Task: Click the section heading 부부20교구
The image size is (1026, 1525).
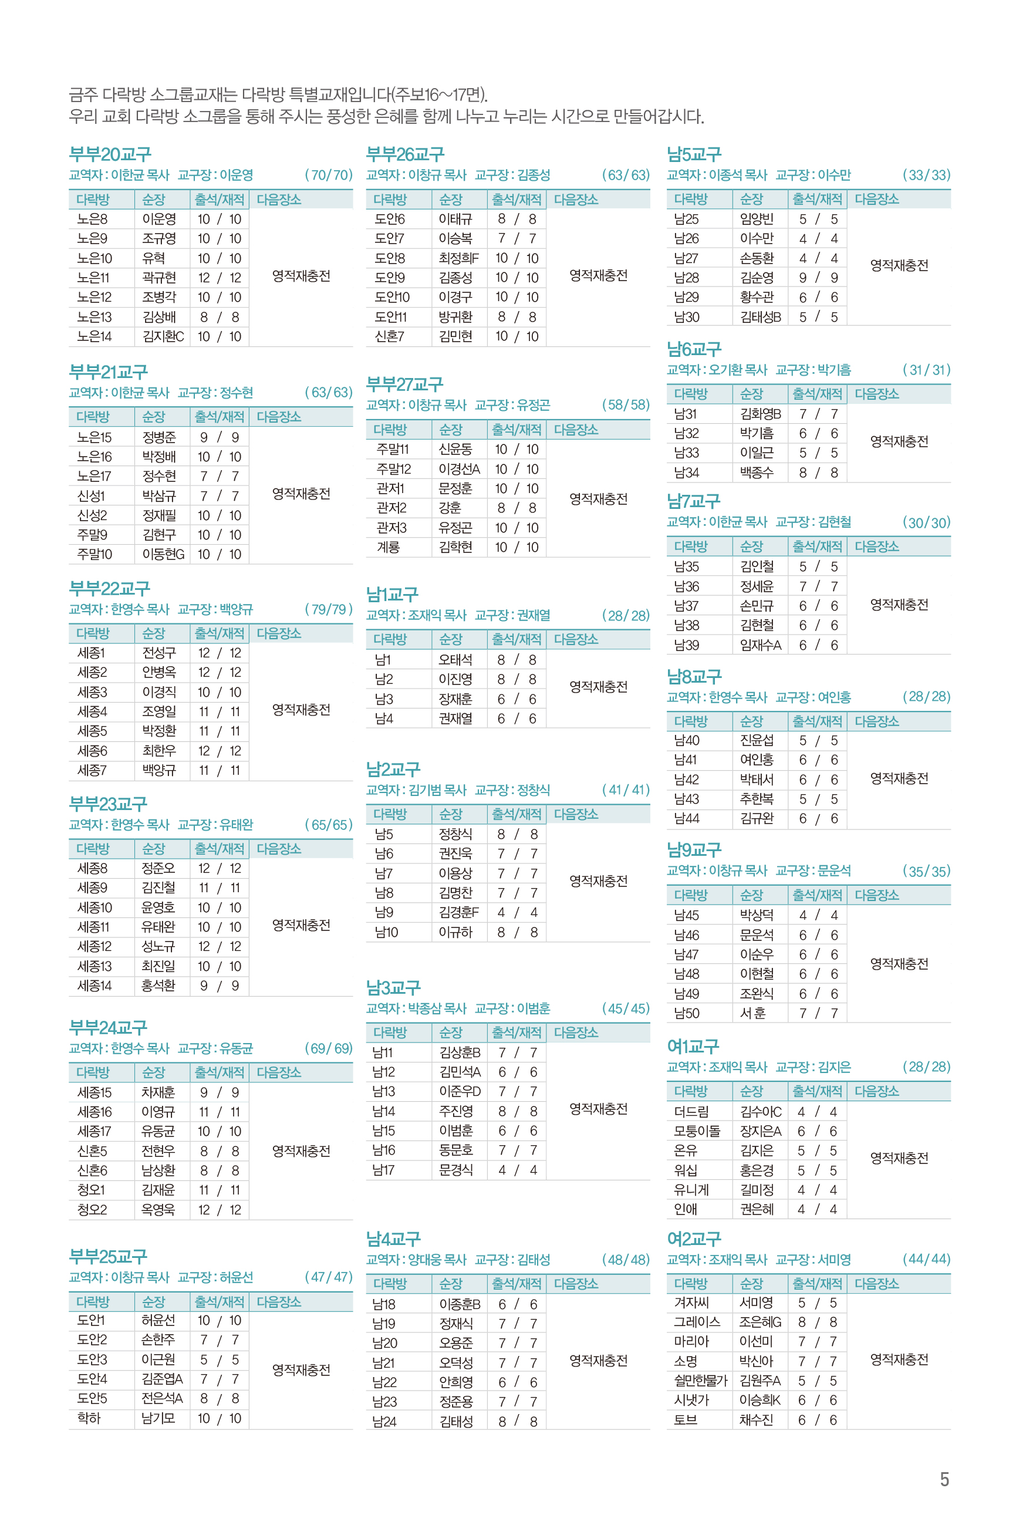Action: click(110, 154)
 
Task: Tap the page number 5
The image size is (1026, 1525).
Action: click(944, 1479)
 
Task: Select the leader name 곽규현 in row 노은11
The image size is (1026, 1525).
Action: click(159, 278)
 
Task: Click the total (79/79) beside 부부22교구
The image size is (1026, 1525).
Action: click(329, 610)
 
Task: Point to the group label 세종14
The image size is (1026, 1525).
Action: click(95, 986)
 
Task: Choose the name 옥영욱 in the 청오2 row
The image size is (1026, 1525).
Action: click(158, 1210)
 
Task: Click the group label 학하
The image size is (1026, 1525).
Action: click(89, 1418)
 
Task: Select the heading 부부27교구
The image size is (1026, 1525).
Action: click(404, 384)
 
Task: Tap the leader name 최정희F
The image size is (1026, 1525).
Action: click(458, 258)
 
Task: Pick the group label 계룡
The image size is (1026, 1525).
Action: click(388, 547)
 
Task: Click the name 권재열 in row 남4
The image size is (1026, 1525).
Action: click(455, 718)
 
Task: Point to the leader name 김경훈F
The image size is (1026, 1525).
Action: click(458, 912)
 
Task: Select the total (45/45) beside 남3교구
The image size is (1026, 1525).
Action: click(626, 1008)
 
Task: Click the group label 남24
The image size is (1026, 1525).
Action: click(384, 1422)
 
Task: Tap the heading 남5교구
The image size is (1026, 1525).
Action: click(694, 154)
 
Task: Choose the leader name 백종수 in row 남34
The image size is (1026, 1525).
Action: click(757, 473)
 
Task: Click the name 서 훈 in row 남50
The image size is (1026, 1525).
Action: click(752, 1013)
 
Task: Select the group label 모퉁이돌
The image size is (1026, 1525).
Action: click(697, 1131)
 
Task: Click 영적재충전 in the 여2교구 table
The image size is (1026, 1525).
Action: click(899, 1359)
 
